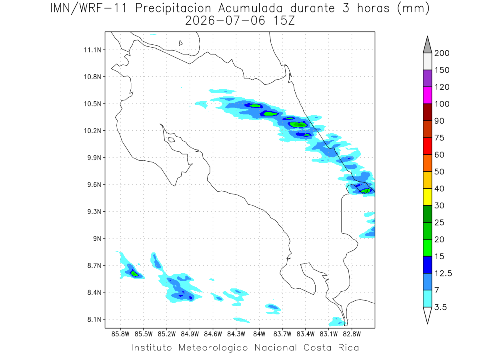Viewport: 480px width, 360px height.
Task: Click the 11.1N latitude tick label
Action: click(92, 50)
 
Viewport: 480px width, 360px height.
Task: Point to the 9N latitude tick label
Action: click(97, 238)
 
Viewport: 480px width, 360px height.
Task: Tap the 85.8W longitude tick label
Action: click(120, 334)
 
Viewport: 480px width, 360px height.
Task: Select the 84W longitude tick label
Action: click(259, 334)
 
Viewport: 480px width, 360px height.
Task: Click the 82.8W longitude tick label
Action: click(352, 334)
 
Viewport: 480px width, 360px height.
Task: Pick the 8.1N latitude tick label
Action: click(94, 319)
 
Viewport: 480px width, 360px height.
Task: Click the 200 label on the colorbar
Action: click(442, 53)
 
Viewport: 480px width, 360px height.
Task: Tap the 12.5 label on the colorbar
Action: click(443, 274)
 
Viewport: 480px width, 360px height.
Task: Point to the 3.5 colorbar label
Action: click(440, 307)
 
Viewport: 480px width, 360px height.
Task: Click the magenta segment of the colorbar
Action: click(427, 95)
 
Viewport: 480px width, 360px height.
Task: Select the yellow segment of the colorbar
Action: click(427, 197)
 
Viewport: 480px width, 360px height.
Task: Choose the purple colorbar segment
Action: click(427, 78)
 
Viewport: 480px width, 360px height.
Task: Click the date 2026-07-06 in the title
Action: click(225, 21)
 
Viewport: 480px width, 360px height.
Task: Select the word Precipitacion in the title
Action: click(173, 8)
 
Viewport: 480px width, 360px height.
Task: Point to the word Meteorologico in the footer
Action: click(213, 348)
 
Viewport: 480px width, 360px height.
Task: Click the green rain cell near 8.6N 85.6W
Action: click(134, 274)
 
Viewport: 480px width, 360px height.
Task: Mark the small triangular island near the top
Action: click(180, 43)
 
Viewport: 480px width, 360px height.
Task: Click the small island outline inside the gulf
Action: click(172, 140)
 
